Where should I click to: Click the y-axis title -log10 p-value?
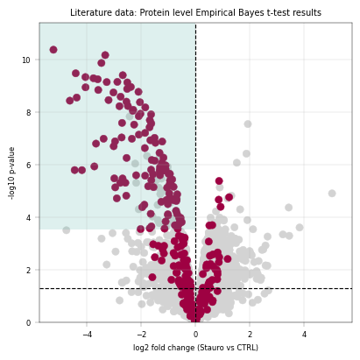[11, 173]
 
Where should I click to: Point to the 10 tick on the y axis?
[26, 60]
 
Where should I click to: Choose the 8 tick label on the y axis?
[28, 113]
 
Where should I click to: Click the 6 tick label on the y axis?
[28, 166]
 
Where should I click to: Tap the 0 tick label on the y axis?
[28, 323]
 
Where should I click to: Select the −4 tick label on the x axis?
[87, 335]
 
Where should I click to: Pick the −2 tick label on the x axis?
[141, 335]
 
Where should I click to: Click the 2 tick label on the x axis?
[250, 335]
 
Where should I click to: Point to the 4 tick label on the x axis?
[304, 335]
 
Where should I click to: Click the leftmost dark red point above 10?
[53, 50]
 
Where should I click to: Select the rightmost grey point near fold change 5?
[332, 194]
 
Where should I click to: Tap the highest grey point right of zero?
[248, 124]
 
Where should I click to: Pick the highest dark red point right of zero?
[219, 181]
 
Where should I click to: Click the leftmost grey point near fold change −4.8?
[67, 230]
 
